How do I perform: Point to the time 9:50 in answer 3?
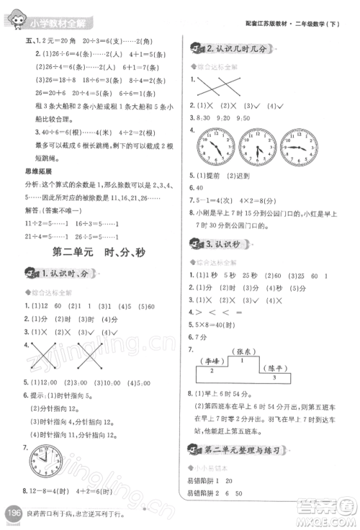click(x=246, y=117)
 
